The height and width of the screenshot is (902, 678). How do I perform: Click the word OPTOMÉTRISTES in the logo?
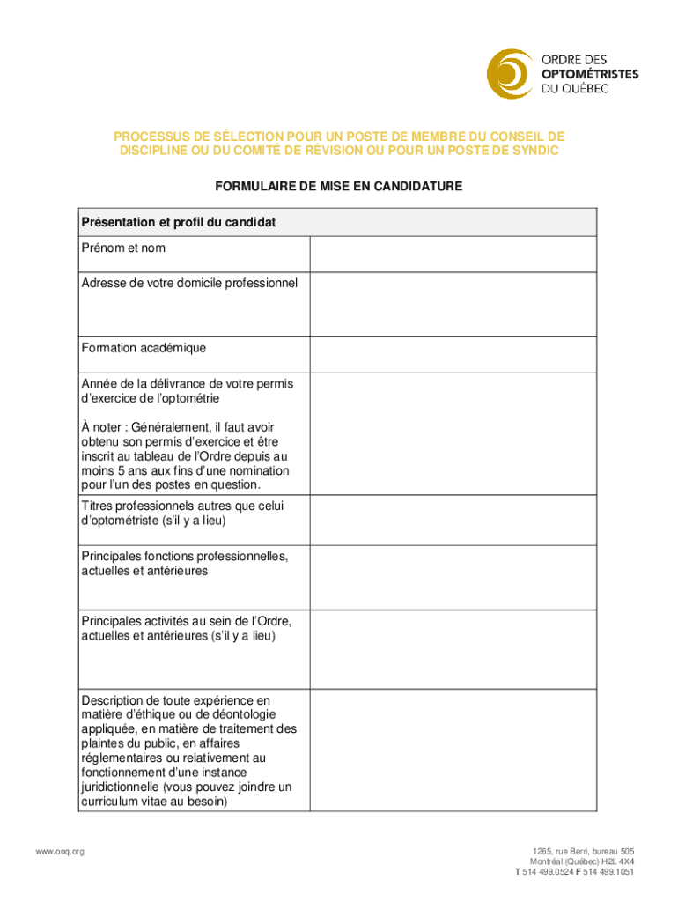[589, 73]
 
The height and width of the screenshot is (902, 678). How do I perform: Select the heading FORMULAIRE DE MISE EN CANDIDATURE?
[339, 187]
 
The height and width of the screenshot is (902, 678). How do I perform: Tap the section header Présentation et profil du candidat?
[179, 223]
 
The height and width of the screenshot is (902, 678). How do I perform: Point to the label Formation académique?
[144, 348]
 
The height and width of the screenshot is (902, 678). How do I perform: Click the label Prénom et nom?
[123, 248]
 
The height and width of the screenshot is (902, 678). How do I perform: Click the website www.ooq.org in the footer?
[59, 851]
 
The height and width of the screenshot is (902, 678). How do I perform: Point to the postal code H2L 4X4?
[615, 861]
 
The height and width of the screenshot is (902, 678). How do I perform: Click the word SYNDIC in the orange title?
[536, 152]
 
